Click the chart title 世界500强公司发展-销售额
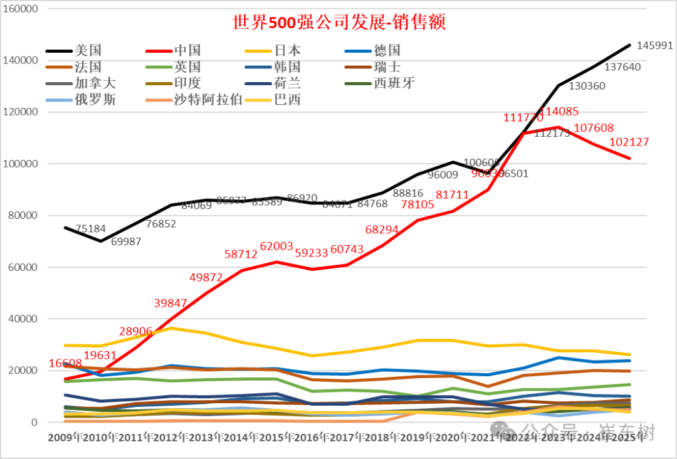tap(338, 23)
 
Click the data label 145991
tap(654, 46)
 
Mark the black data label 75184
tap(90, 229)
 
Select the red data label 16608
tap(66, 364)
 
